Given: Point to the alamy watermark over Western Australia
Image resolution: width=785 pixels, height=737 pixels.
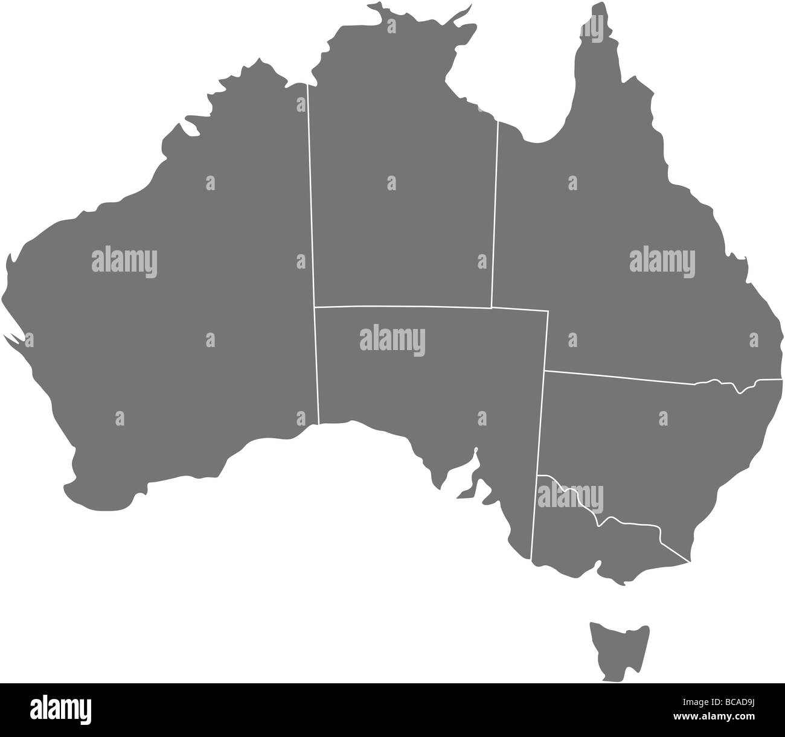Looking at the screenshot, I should pos(124,261).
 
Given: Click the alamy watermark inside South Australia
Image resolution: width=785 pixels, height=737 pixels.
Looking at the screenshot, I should pos(392,339).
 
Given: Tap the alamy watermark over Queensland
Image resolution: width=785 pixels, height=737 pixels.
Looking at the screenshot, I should pos(662,261).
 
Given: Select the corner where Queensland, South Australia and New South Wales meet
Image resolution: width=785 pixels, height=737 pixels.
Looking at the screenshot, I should pos(545,371).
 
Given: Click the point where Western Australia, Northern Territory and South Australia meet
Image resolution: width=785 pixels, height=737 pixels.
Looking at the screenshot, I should pos(314,307).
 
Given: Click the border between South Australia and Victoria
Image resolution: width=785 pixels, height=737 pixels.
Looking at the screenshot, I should pos(535,519).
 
